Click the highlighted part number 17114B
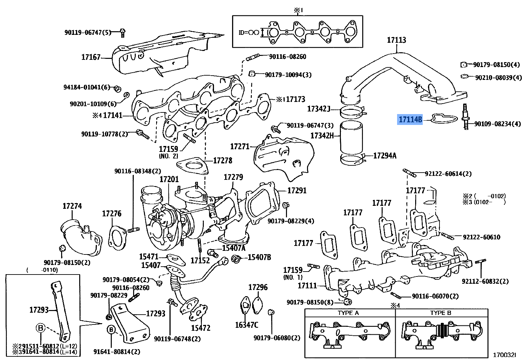410,119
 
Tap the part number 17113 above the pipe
396,40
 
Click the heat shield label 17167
91,57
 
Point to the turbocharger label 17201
169,180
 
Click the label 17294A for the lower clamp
385,156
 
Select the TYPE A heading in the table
348,313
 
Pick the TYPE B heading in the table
440,313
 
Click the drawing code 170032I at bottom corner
504,355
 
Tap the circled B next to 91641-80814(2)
111,329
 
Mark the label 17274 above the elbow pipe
72,206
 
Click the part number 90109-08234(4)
497,124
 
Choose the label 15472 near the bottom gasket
201,328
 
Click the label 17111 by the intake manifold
307,286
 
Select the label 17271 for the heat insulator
240,147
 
